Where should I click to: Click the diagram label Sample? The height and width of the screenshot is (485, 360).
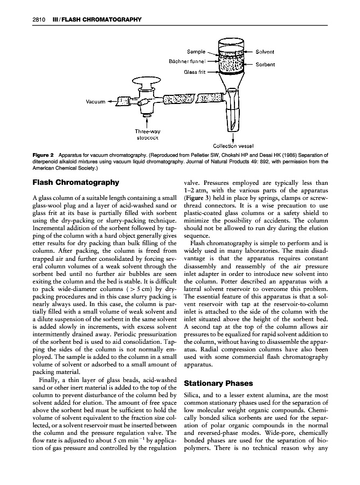(196, 52)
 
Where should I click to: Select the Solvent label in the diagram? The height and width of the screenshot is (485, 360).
(265, 52)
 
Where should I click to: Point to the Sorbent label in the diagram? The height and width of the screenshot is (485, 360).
(265, 65)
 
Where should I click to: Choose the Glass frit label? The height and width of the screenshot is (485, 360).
(194, 72)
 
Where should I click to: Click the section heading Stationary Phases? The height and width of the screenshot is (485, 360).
(218, 384)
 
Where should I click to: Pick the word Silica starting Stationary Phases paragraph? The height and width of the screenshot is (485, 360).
(192, 396)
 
